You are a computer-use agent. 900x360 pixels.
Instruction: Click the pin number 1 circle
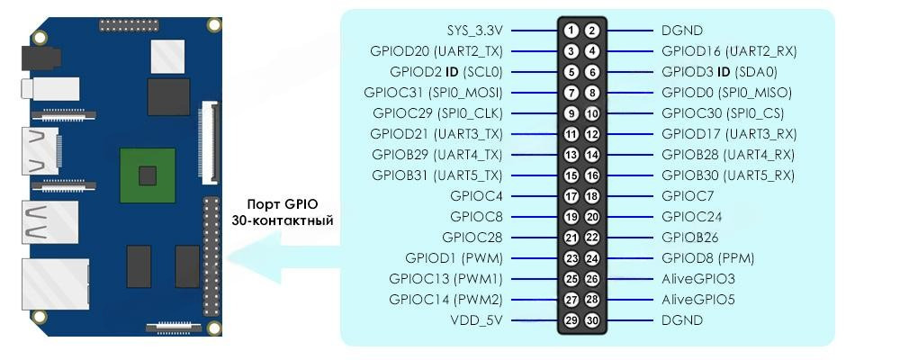pos(571,31)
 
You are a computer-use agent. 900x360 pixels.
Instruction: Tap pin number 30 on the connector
pos(591,320)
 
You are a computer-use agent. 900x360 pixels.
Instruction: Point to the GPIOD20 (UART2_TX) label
pos(436,51)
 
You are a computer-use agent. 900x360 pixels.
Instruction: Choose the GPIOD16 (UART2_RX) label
pos(729,51)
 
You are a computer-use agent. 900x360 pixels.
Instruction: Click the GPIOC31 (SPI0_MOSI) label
pos(433,93)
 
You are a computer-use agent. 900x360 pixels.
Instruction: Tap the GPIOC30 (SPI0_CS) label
pos(721,113)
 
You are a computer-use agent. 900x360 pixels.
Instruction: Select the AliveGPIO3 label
pos(698,279)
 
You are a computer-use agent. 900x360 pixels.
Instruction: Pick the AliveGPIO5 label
pos(698,300)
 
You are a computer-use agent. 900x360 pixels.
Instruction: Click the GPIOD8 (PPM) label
pos(707,258)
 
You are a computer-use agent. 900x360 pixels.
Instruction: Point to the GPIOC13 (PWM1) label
pos(445,279)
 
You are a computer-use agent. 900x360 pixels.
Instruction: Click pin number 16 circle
pos(591,175)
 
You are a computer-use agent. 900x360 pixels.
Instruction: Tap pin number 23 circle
pos(571,258)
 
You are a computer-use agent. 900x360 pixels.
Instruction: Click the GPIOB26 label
pos(690,238)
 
